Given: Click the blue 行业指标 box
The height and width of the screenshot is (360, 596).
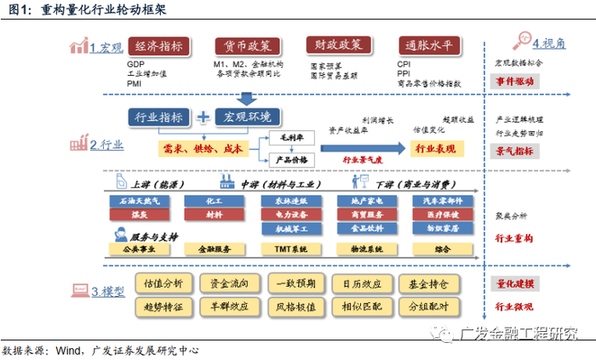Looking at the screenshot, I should pos(160,116).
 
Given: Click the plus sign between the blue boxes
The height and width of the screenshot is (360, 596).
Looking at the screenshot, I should pos(203,117).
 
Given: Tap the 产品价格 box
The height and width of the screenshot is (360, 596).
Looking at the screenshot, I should pos(293,159).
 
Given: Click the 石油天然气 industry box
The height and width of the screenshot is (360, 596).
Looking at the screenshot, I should pos(134,200).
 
